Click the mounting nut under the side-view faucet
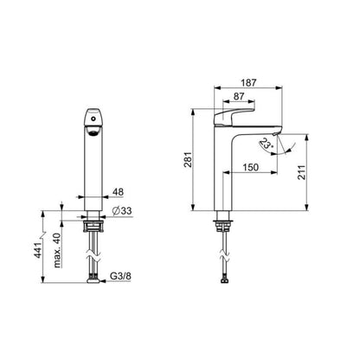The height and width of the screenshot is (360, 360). coord(222,228)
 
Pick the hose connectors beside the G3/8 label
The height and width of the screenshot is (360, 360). coord(93,278)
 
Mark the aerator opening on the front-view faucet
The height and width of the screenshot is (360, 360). coord(93,131)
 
